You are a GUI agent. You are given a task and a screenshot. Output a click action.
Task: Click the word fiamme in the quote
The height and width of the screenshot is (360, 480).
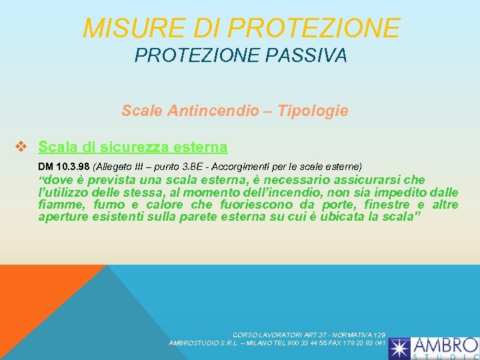click(63, 205)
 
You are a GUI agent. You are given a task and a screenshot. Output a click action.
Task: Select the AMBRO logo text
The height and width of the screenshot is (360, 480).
click(444, 345)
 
